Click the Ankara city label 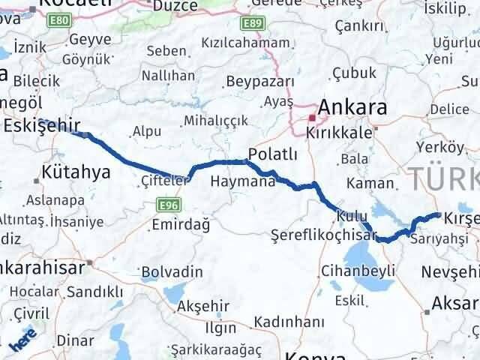coord(354,107)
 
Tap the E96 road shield coord(167,203)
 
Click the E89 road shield coord(253,25)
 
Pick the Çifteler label coord(163,180)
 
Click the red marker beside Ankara coord(313,117)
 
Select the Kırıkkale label coord(338,131)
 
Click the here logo coord(22,341)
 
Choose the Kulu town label coord(352,215)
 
